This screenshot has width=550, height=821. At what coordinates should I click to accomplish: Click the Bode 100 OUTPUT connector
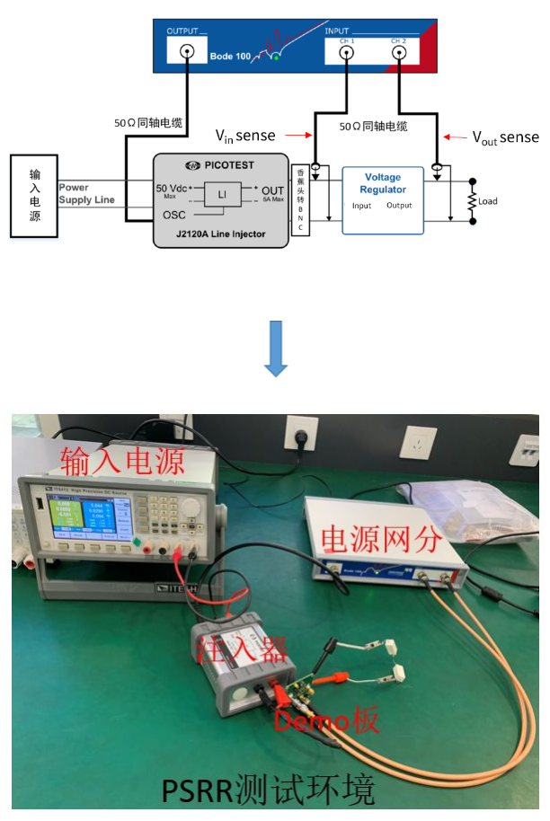pyautogui.click(x=188, y=53)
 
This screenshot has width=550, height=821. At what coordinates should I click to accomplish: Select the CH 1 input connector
pyautogui.click(x=346, y=53)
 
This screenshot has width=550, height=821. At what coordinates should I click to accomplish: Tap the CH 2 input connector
pyautogui.click(x=398, y=53)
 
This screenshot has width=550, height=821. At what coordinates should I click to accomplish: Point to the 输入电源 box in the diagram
pyautogui.click(x=33, y=196)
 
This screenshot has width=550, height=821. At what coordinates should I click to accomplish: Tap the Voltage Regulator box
pyautogui.click(x=383, y=199)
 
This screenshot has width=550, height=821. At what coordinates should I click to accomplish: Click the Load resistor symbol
pyautogui.click(x=470, y=201)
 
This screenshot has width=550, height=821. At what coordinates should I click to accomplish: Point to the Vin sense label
pyautogui.click(x=244, y=136)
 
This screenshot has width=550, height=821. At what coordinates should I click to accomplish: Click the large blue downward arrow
pyautogui.click(x=276, y=348)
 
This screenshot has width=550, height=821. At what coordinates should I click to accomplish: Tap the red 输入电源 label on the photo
pyautogui.click(x=122, y=462)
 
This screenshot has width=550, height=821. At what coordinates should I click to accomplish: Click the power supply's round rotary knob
pyautogui.click(x=191, y=507)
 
